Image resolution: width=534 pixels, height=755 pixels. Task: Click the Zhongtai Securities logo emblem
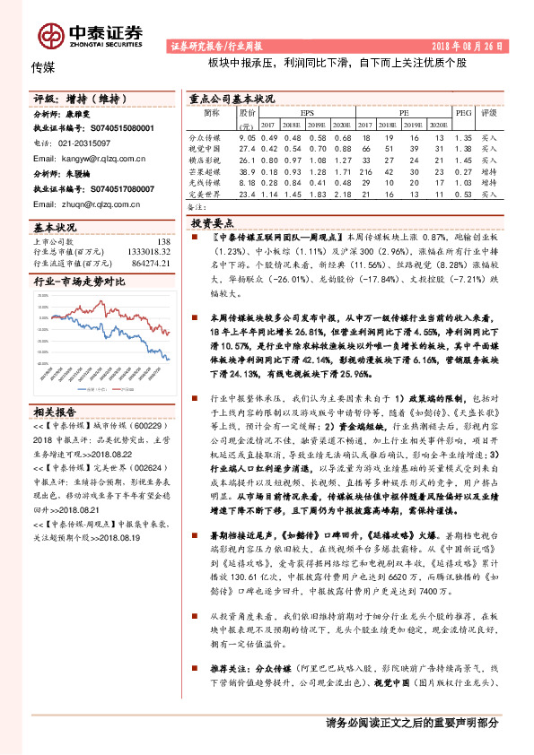(50, 35)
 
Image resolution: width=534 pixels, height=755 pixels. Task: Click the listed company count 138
(163, 242)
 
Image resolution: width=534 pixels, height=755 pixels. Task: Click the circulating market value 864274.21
(149, 264)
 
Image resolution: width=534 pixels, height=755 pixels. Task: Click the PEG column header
(463, 114)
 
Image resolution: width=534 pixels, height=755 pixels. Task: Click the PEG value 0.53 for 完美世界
(463, 193)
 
